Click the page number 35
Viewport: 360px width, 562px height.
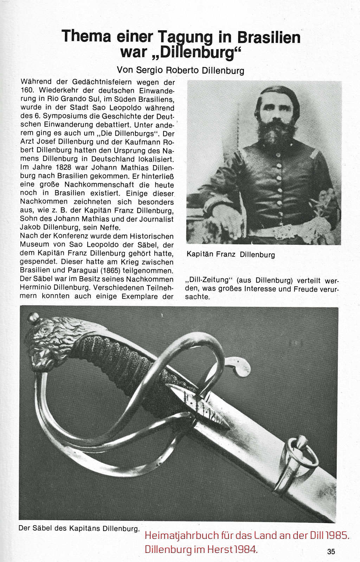click(330, 551)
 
